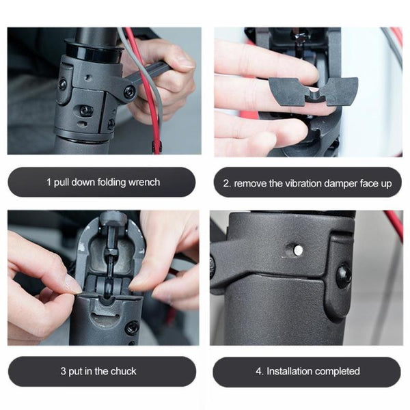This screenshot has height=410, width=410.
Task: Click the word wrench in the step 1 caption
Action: pos(143,182)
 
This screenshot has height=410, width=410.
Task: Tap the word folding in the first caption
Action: pos(109,182)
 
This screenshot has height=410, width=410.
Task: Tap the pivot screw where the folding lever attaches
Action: pos(129,91)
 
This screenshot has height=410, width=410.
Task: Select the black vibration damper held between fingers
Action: pos(313,91)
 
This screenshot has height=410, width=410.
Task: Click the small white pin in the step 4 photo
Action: pos(298,251)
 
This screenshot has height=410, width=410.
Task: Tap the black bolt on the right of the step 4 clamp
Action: pos(343,275)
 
